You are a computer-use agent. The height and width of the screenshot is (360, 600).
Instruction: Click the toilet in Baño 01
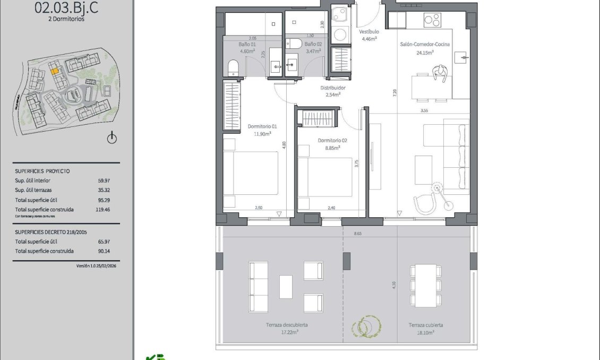pos(233,68)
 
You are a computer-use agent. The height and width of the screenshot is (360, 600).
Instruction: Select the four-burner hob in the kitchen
pos(431,20)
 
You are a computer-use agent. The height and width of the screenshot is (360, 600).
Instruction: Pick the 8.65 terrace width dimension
pos(358,233)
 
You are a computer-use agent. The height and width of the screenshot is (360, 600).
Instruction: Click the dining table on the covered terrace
pos(425,285)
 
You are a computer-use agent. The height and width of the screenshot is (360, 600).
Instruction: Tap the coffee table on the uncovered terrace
pos(286,286)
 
